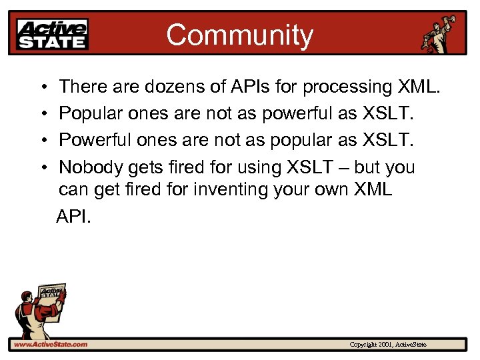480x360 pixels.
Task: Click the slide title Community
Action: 239,35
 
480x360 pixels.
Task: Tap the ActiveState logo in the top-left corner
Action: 52,34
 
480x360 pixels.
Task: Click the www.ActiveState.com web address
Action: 51,344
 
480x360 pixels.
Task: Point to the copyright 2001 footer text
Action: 388,345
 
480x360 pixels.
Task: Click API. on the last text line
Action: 73,217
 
